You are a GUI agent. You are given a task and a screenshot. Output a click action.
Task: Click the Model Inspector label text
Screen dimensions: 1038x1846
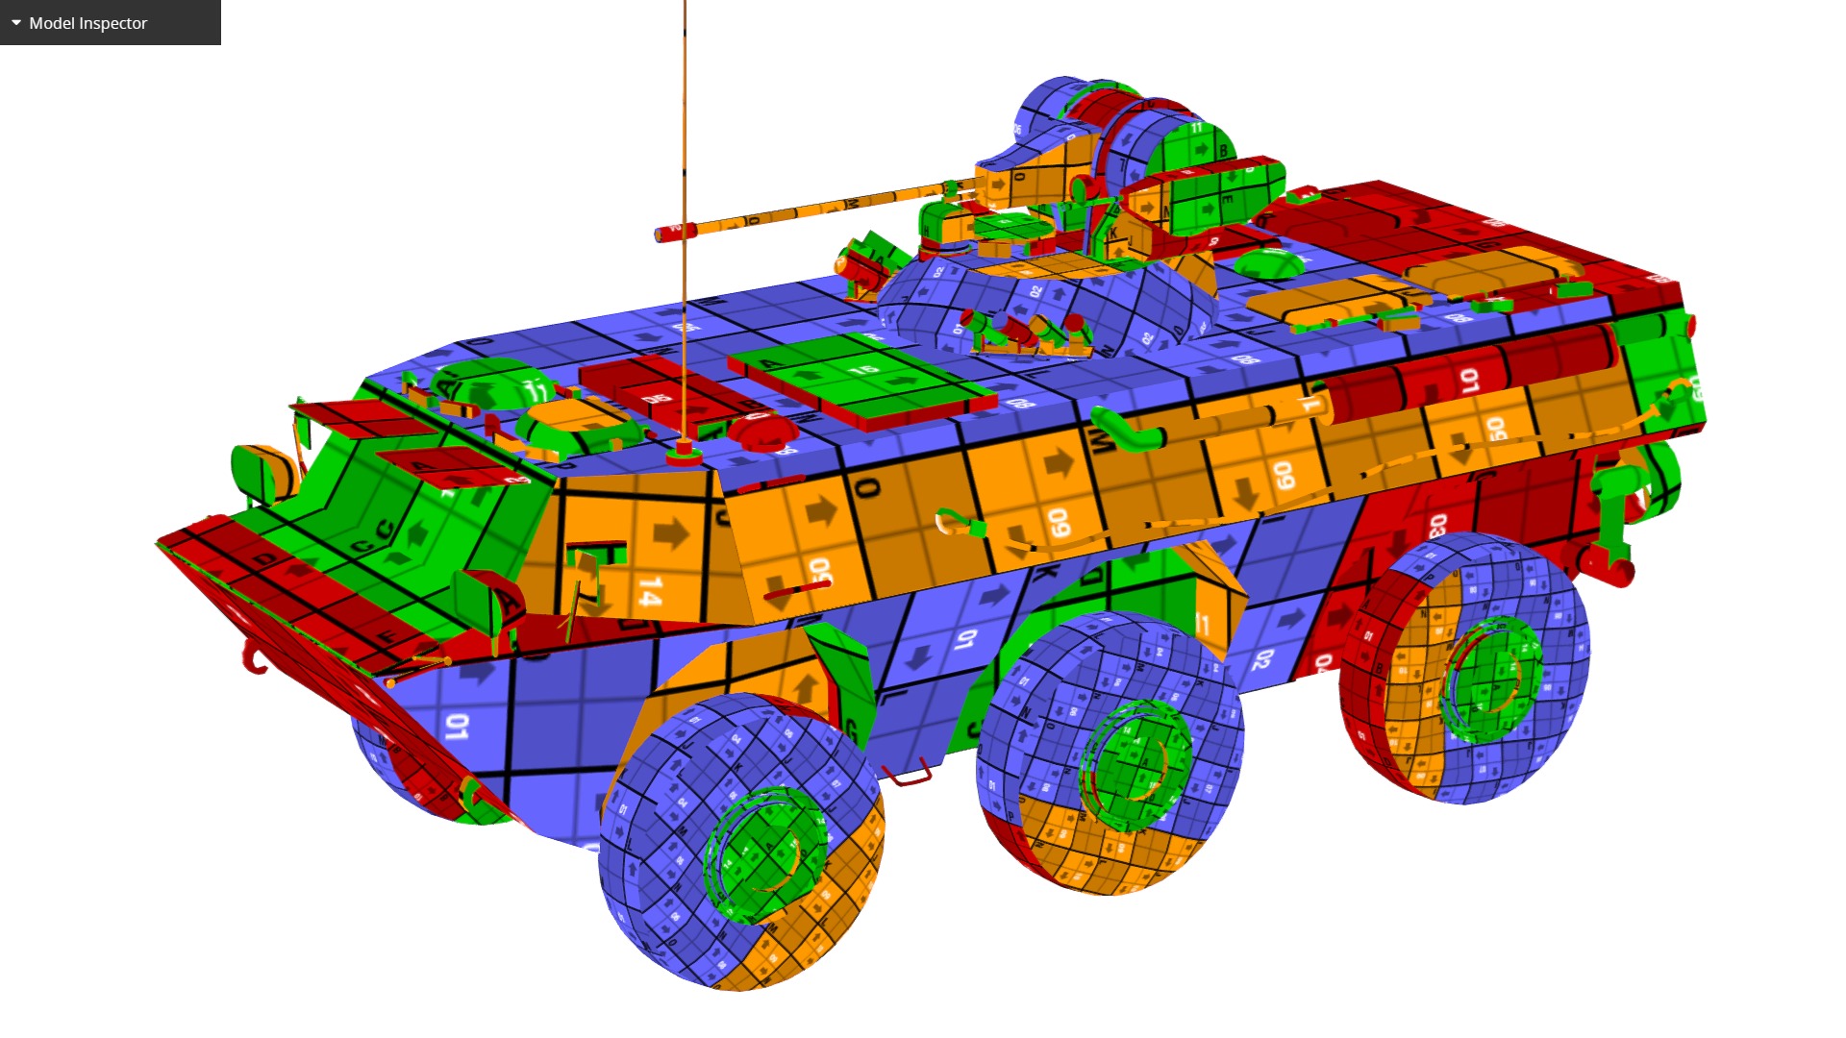(87, 23)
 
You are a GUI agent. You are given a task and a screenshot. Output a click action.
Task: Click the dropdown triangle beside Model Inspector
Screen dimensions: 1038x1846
(16, 22)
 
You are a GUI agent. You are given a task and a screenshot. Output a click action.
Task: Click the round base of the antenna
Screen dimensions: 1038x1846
(684, 451)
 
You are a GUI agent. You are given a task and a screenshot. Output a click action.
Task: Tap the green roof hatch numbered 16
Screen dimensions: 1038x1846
(861, 375)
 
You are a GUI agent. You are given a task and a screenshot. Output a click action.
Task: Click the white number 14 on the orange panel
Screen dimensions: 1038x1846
(650, 590)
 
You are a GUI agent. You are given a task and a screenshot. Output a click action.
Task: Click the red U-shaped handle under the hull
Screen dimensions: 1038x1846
(908, 774)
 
